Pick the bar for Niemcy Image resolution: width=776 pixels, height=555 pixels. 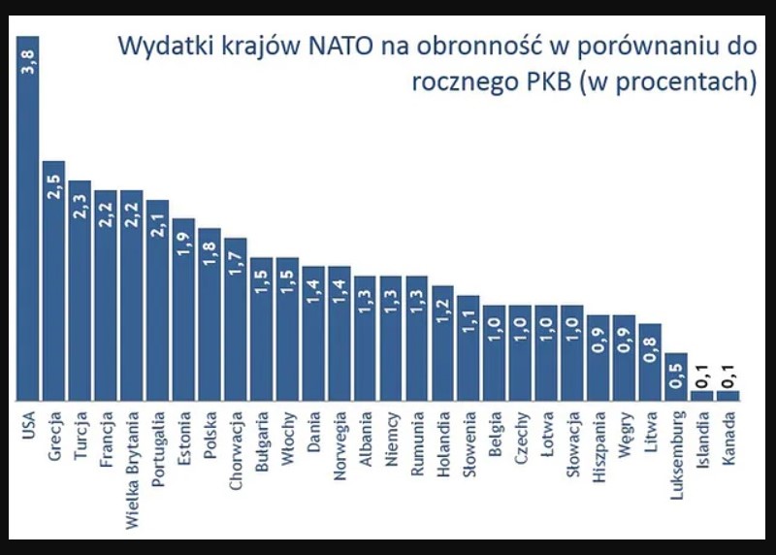coord(391,340)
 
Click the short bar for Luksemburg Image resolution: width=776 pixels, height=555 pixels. coord(676,378)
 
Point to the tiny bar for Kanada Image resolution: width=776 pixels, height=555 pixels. coord(728,396)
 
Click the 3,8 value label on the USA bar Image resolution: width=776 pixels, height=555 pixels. coord(27,71)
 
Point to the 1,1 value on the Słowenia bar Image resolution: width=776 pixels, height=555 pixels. coord(469,323)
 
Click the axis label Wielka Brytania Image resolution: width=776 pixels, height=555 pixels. coord(132,462)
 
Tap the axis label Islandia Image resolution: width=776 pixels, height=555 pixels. coord(702,440)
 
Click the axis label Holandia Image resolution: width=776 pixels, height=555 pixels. coord(442,441)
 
